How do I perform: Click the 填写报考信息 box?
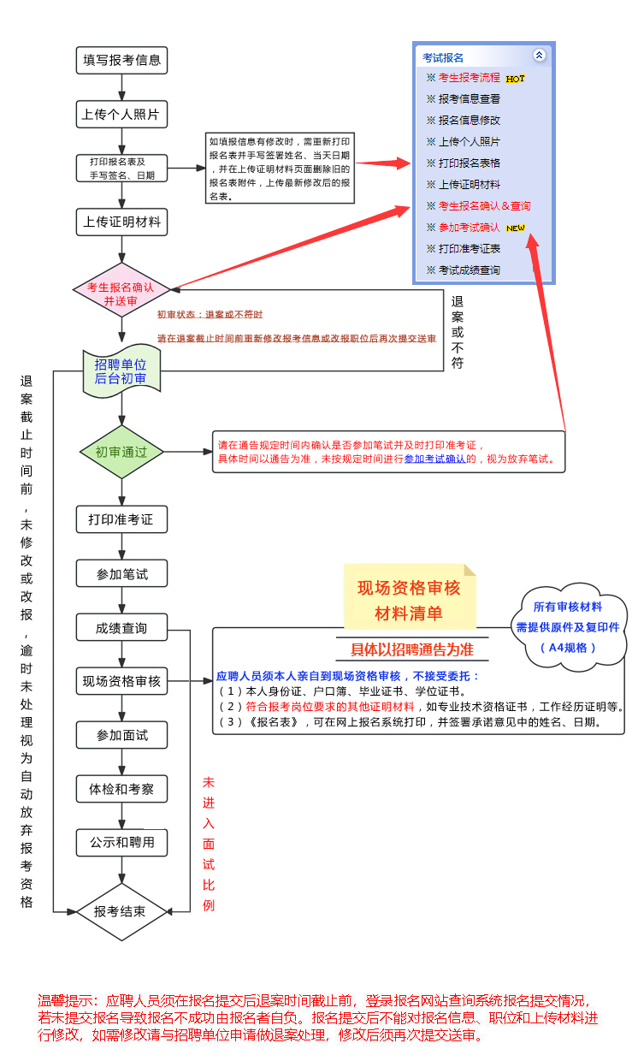[121, 60]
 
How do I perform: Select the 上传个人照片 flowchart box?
[121, 114]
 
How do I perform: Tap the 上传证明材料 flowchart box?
[121, 222]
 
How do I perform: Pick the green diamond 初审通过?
[121, 452]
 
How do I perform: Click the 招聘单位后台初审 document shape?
[121, 373]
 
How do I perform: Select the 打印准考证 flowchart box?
[121, 519]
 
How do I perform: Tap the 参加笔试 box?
[121, 574]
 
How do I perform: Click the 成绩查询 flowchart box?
[121, 628]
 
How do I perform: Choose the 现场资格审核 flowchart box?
[121, 682]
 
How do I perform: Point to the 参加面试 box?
[121, 735]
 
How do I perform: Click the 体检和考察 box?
[121, 789]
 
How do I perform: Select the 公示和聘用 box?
[121, 843]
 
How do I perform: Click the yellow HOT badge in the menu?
[515, 79]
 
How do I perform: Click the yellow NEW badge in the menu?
[515, 228]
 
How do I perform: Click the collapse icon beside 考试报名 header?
[539, 55]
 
